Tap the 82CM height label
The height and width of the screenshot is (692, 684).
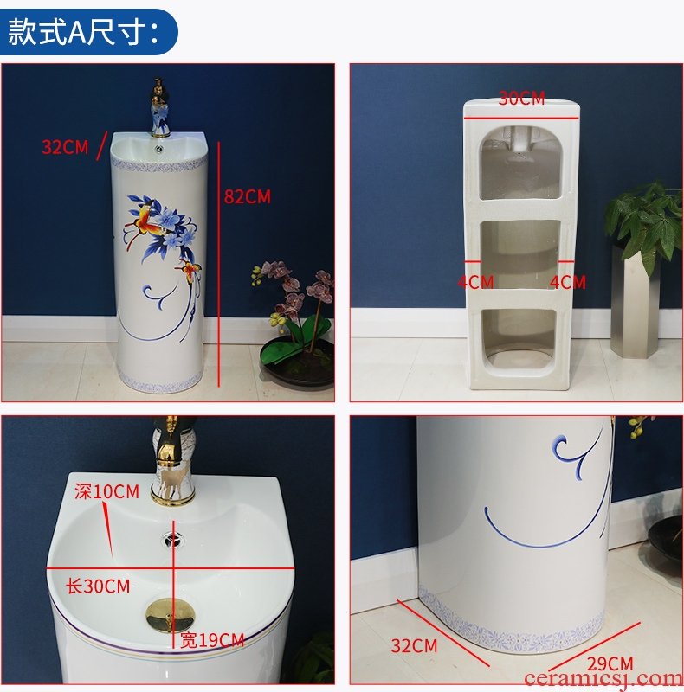point(248,197)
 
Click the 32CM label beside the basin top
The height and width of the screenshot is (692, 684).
point(66,147)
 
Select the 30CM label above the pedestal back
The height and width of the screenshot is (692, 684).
point(521,98)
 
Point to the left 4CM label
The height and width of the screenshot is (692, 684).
point(475,282)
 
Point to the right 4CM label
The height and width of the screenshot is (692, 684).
point(568,282)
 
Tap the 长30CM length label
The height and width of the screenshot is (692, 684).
point(98,586)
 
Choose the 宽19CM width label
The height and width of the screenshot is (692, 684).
point(212,640)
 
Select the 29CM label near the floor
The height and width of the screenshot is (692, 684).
point(610,663)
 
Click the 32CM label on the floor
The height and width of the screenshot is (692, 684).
point(414,645)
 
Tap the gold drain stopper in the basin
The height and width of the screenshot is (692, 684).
point(171,615)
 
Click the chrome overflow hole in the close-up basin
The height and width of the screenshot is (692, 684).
point(172,539)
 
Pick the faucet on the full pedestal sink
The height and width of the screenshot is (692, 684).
point(159,107)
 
